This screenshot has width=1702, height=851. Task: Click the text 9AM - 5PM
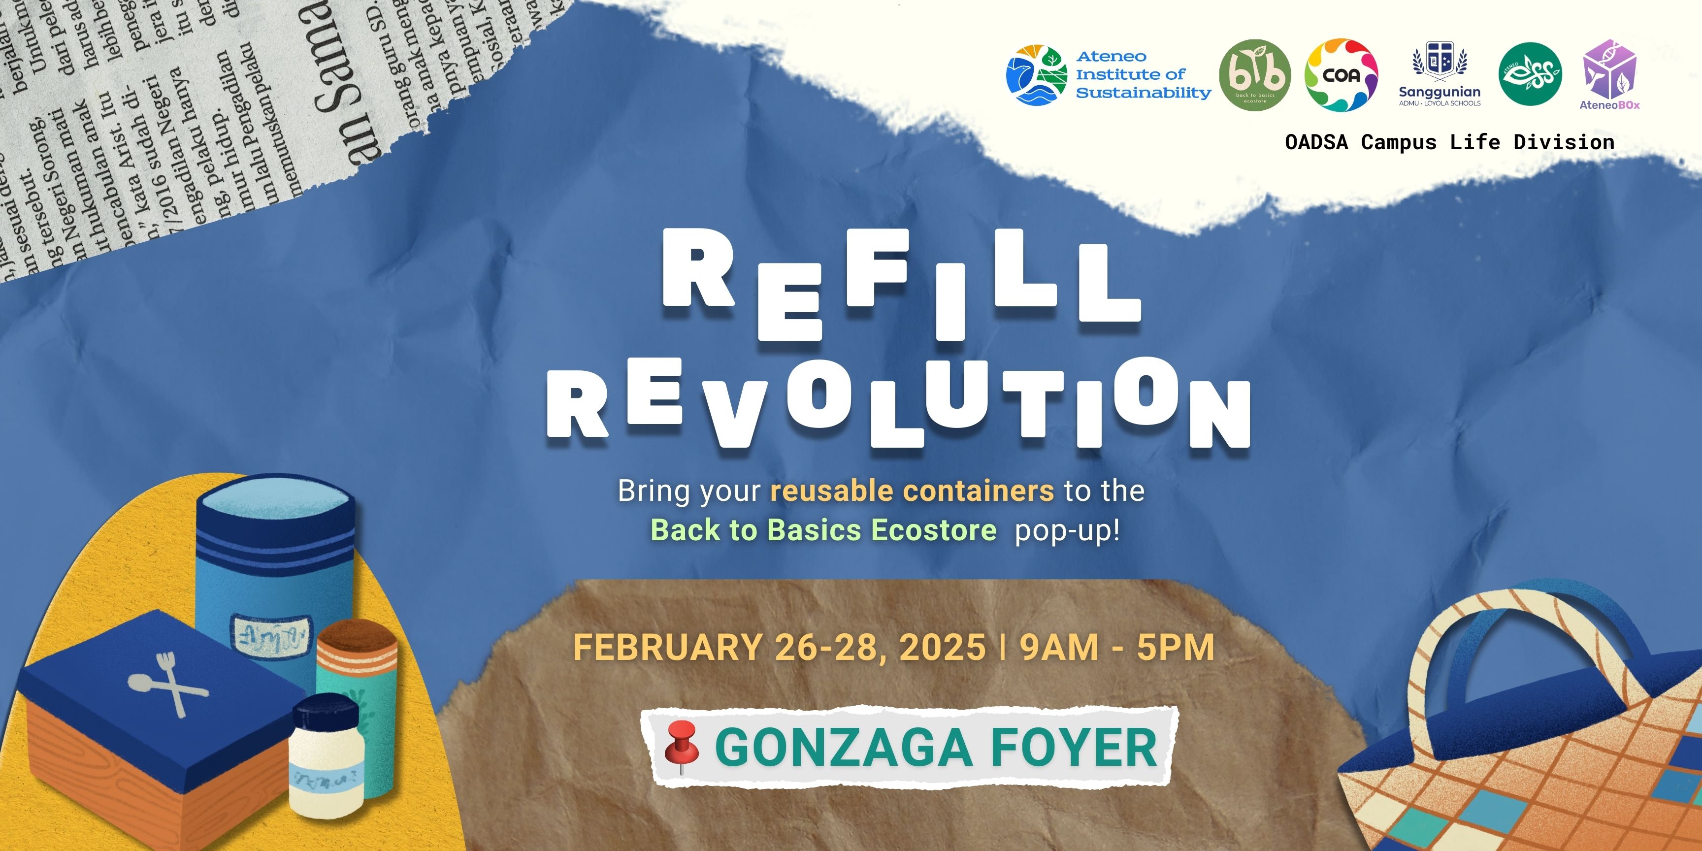(1116, 648)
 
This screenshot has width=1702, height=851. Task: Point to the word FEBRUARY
(667, 648)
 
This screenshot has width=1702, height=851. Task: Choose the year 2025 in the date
(942, 648)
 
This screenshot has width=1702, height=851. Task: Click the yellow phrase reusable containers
(912, 491)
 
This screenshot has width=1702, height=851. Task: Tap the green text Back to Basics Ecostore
(823, 530)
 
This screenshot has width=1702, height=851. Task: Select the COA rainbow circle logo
(1341, 75)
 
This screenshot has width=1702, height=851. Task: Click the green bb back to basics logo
(1255, 75)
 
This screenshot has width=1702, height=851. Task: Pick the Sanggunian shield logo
(1440, 63)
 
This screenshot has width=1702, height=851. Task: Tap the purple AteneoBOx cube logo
(1609, 69)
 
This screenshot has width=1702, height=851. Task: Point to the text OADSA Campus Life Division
(1449, 142)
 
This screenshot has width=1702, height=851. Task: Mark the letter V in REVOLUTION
(733, 414)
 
